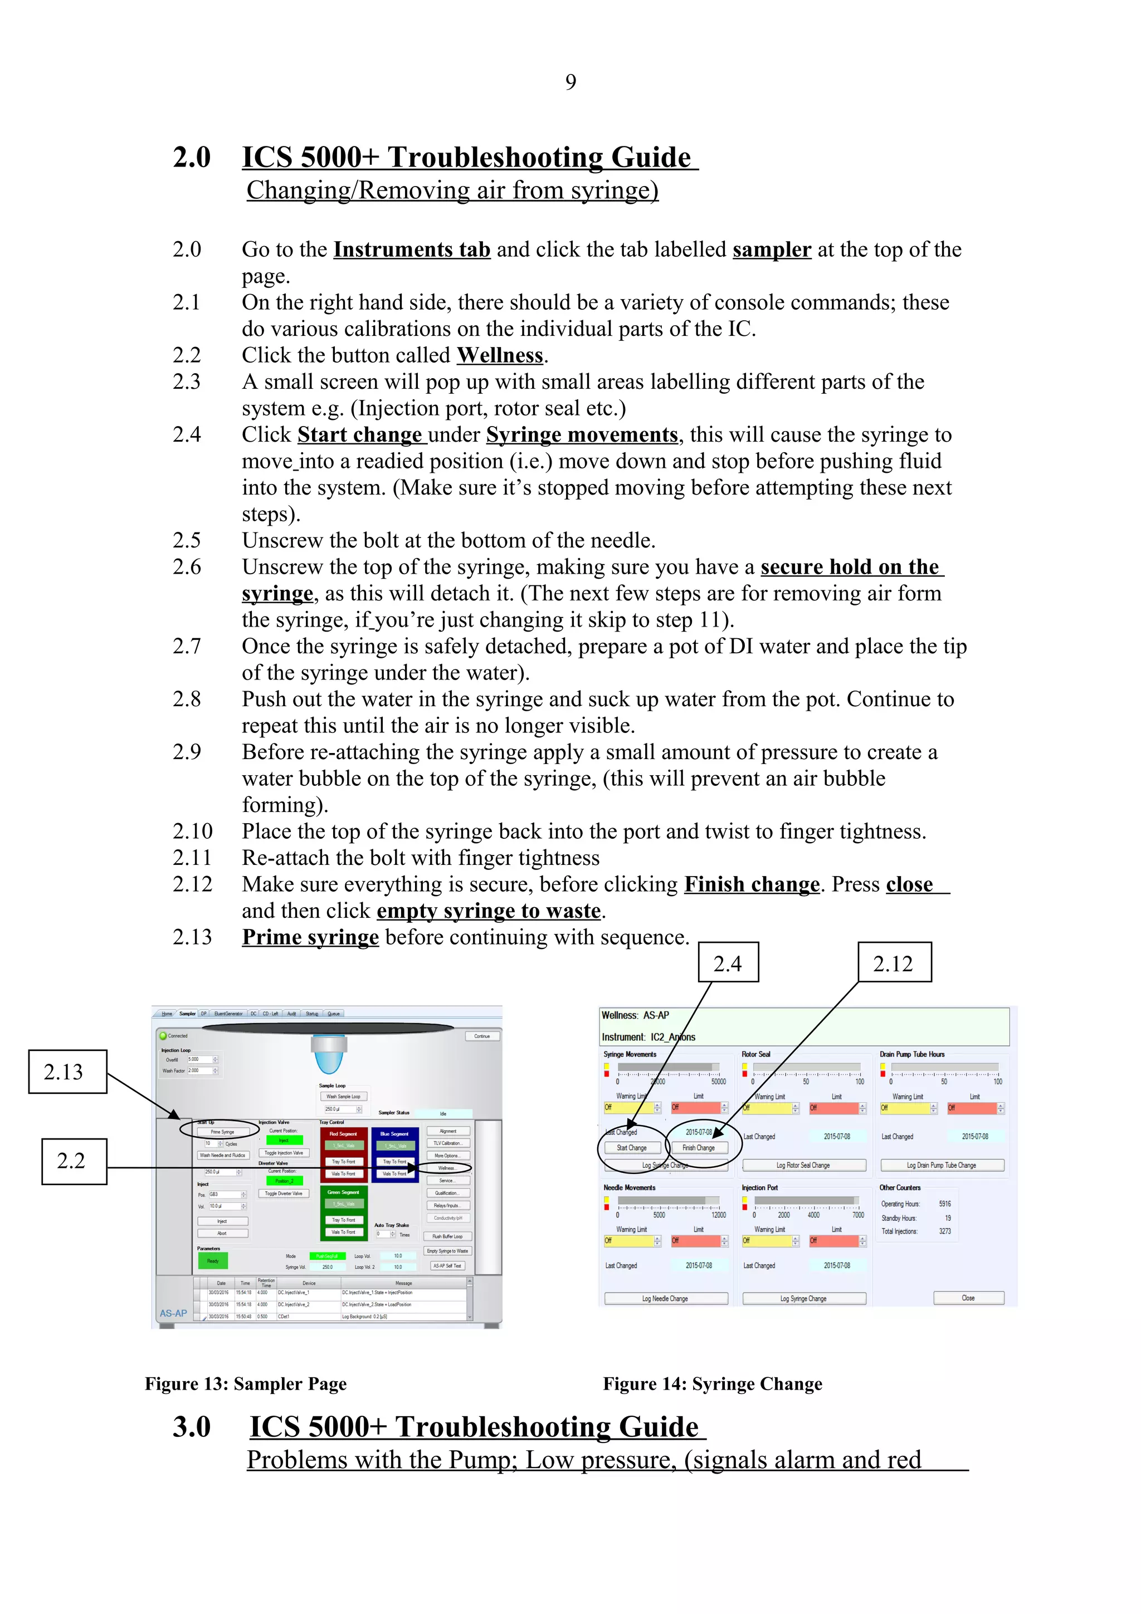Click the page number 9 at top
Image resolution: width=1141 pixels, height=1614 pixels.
point(570,82)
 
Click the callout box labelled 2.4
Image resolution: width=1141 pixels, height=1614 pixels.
point(728,962)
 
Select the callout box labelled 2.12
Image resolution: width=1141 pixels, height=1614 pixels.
point(894,962)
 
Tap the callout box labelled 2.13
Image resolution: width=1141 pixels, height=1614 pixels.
point(67,1072)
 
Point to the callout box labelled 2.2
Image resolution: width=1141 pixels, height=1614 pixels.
point(74,1161)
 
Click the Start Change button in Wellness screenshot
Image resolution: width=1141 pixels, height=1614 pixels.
point(632,1148)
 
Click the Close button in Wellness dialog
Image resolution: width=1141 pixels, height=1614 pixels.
point(968,1298)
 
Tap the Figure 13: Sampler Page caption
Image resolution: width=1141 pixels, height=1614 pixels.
point(245,1383)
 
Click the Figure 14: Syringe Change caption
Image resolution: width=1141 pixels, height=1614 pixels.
point(712,1383)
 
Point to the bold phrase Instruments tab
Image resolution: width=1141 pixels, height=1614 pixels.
point(411,250)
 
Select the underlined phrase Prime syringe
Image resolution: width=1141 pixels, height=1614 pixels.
point(310,937)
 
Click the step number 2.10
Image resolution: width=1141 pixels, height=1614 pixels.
point(192,832)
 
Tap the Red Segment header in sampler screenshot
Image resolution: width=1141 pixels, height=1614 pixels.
point(343,1134)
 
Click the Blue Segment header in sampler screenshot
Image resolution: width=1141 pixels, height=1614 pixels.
point(394,1134)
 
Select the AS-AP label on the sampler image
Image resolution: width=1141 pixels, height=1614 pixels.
point(173,1313)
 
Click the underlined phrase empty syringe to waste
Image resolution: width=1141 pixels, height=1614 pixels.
point(489,911)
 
